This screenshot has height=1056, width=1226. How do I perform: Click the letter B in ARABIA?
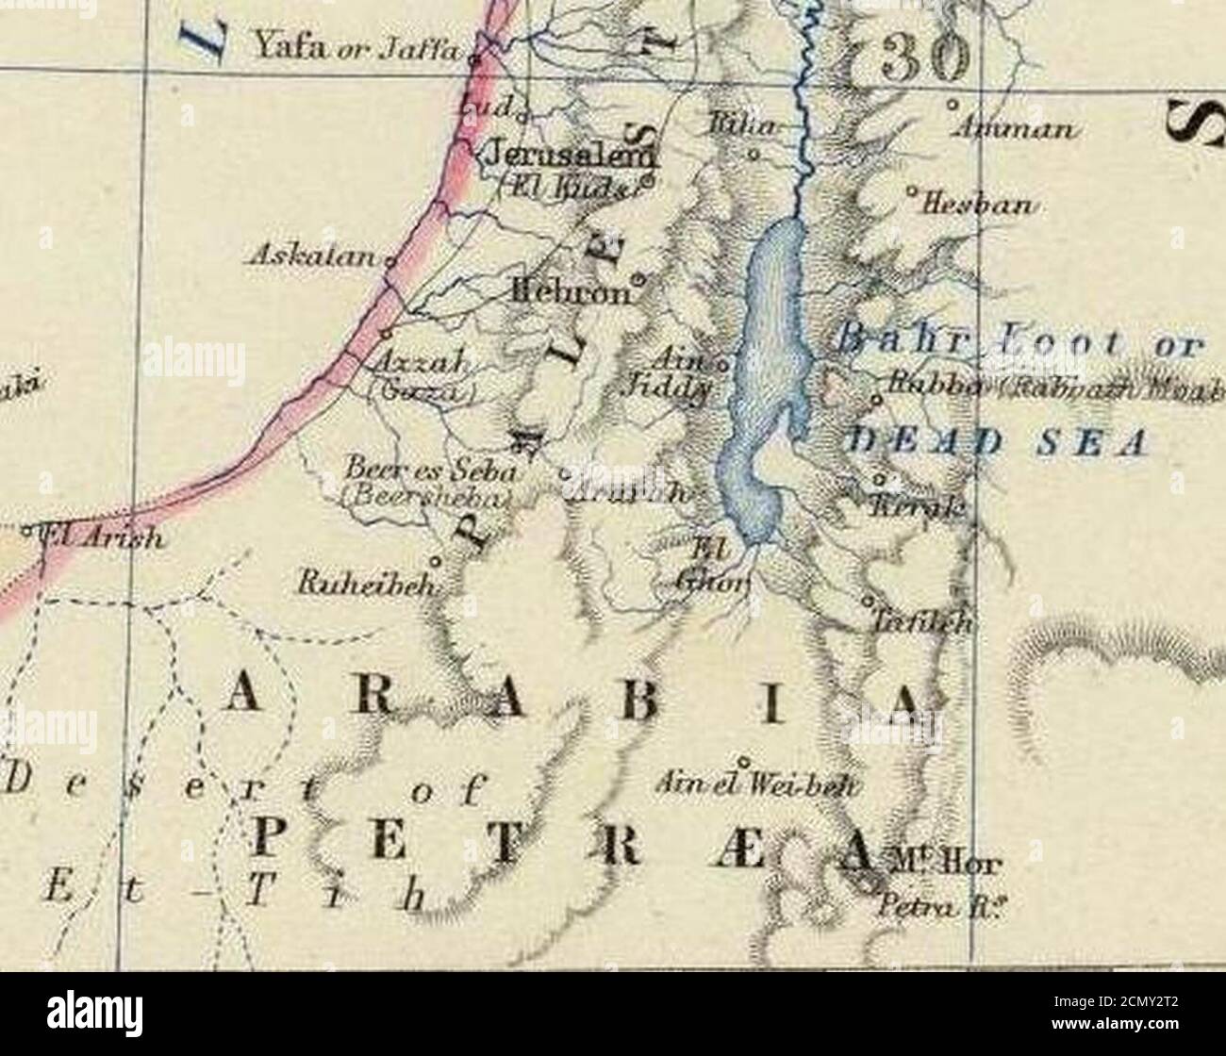click(612, 701)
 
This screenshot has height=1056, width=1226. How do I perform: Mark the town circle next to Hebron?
click(638, 279)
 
